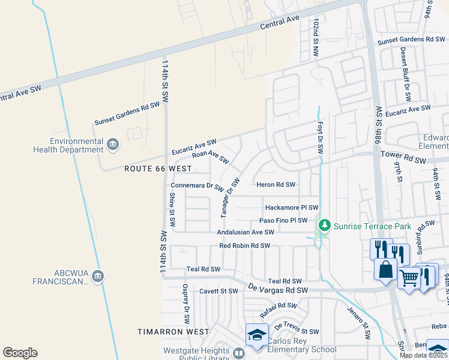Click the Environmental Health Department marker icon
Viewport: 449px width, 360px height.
click(113, 144)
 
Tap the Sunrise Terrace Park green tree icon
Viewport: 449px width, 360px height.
click(325, 226)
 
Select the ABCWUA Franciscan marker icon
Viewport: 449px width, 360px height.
click(98, 276)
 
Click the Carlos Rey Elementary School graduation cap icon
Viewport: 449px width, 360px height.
click(256, 334)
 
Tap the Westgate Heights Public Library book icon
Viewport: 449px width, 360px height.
click(239, 353)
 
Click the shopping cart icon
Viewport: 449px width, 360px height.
click(409, 278)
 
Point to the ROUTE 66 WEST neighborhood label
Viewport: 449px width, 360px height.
click(158, 169)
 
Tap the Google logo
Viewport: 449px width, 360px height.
click(20, 353)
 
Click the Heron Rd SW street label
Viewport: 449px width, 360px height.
click(276, 185)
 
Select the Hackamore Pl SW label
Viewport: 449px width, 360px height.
click(292, 207)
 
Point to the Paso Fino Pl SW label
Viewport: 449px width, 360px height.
click(283, 221)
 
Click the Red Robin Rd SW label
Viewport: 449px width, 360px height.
click(245, 246)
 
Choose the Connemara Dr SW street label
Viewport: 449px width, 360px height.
click(197, 186)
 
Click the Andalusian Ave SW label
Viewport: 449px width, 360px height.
click(246, 232)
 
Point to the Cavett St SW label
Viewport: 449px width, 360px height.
click(219, 291)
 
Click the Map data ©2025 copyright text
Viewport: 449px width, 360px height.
click(423, 355)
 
